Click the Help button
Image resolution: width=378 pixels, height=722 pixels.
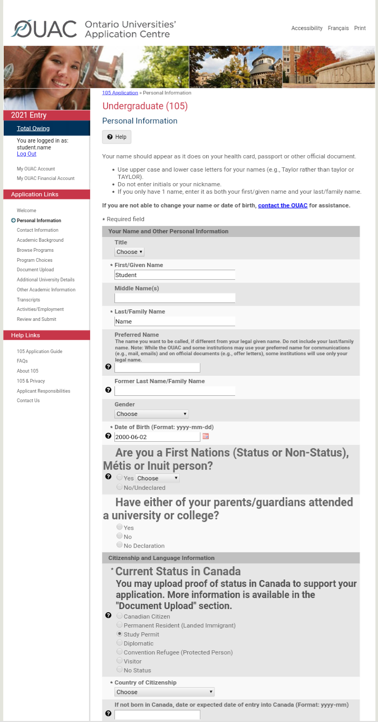(x=117, y=137)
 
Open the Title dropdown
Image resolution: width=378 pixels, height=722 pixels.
(x=130, y=252)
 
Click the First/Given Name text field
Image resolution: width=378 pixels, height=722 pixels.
(x=175, y=275)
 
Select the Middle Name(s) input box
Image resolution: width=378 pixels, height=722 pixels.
(x=175, y=298)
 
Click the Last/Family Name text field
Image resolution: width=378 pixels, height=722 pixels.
(x=175, y=321)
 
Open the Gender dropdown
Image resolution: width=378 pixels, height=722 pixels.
(x=151, y=414)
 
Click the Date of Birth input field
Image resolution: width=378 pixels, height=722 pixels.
(x=157, y=437)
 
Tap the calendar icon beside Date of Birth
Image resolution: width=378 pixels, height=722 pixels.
(x=206, y=436)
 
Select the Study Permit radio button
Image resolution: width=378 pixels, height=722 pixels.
(x=120, y=634)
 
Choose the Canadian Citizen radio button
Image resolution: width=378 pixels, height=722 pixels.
(x=120, y=616)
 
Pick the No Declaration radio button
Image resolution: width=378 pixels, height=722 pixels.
(x=120, y=545)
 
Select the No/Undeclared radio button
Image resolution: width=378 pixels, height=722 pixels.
(x=120, y=487)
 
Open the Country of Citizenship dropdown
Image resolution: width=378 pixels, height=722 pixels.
(x=164, y=692)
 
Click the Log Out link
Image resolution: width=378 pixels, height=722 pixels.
(x=26, y=154)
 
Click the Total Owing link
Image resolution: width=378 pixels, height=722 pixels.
(x=33, y=128)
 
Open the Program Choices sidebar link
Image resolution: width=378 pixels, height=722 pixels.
(x=34, y=260)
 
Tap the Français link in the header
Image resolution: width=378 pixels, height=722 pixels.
(x=338, y=28)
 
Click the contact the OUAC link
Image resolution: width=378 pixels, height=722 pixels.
(x=283, y=205)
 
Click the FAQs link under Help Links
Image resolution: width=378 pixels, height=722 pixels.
(x=22, y=361)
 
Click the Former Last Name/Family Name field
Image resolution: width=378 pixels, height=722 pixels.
(x=175, y=391)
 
